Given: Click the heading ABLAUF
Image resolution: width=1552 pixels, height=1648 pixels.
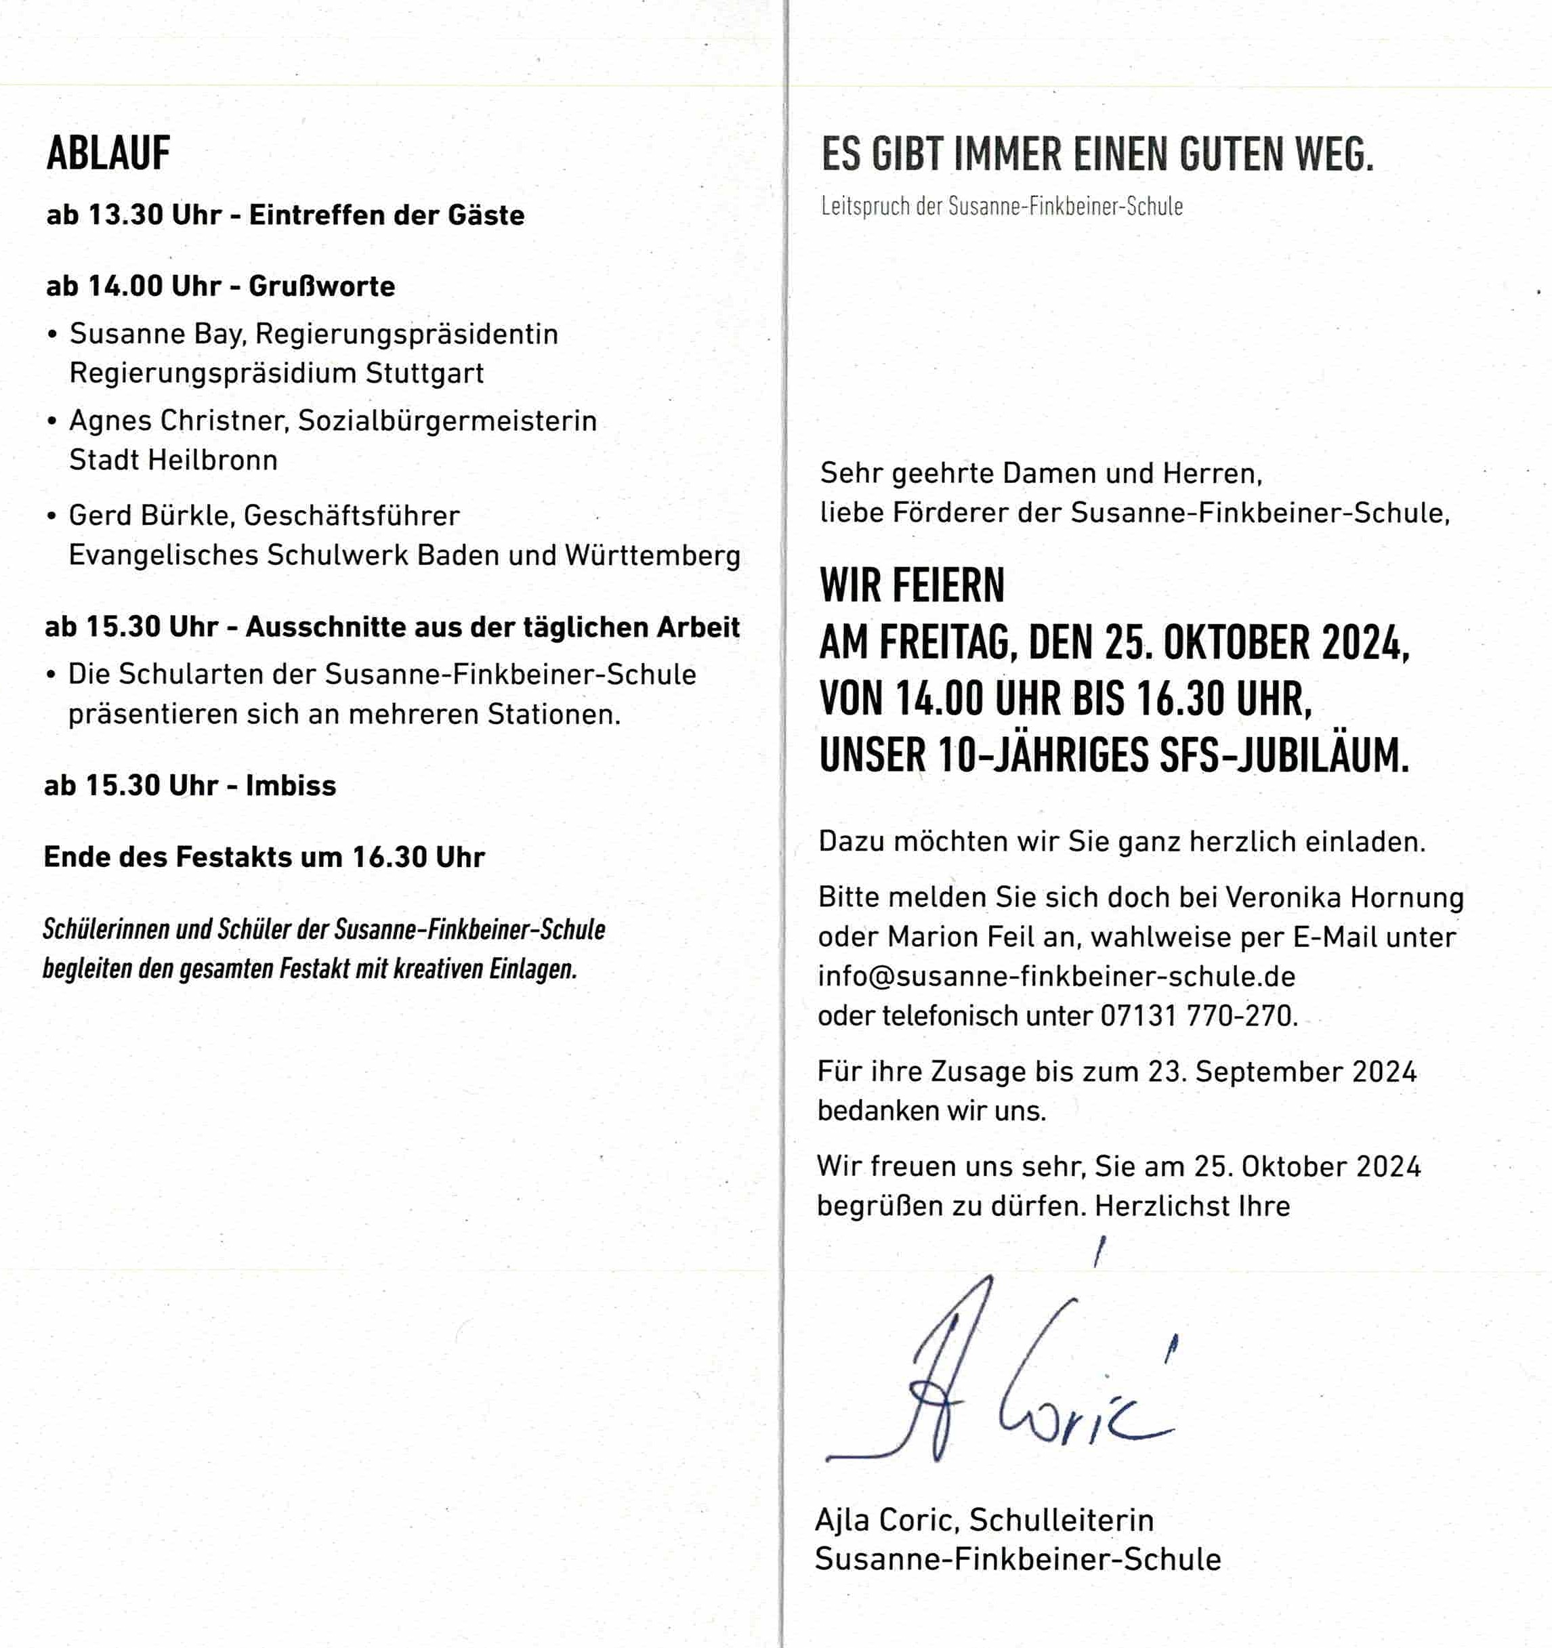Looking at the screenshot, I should tap(108, 154).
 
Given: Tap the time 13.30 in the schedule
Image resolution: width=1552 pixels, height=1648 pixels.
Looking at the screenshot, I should tap(125, 215).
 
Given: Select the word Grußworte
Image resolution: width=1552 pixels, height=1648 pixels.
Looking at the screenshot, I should tap(322, 287).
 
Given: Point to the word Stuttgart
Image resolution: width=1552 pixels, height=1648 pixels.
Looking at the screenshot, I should tap(425, 373).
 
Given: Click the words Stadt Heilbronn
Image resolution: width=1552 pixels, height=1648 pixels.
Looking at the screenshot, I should tap(173, 460).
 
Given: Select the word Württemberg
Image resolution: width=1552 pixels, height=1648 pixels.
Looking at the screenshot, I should tap(652, 555).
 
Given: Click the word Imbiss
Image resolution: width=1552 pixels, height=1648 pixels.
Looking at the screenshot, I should tap(291, 786).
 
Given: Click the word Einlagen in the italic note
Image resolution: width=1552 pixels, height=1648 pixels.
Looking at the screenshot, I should tap(532, 969).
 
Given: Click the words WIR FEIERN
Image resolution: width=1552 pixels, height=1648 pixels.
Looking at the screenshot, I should tap(912, 586).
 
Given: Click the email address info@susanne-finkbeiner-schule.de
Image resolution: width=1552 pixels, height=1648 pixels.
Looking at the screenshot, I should tap(1056, 977).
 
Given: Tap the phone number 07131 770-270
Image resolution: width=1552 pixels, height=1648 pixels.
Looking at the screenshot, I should tap(1198, 1015).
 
